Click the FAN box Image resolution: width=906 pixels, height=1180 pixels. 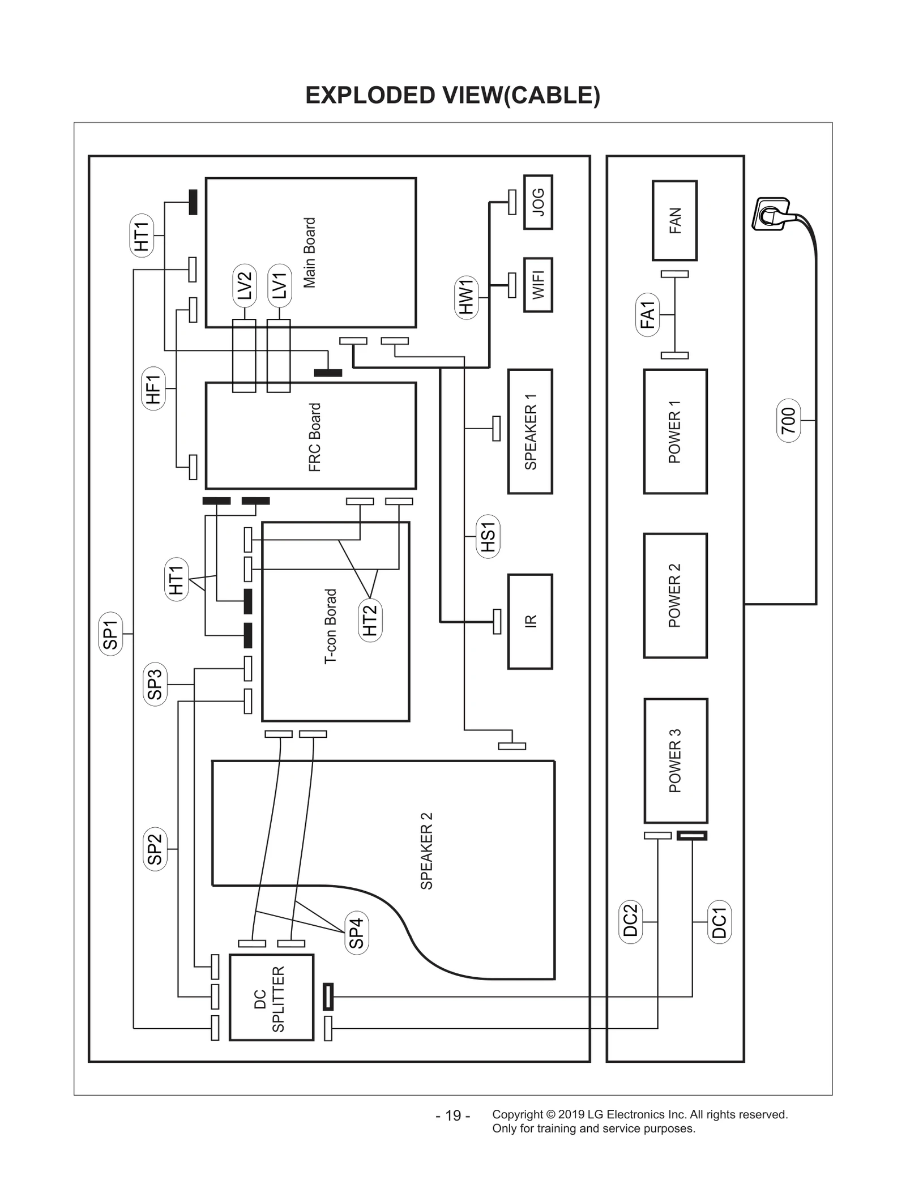[674, 220]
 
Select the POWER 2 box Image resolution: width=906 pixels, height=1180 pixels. [675, 595]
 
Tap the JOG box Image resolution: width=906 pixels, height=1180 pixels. [538, 202]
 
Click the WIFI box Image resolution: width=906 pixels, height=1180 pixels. [538, 285]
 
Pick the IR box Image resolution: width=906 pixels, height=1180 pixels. [530, 621]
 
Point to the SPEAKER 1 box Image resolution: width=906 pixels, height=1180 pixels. [530, 431]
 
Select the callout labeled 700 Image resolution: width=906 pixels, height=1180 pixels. [788, 420]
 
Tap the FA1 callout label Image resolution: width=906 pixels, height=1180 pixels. [647, 315]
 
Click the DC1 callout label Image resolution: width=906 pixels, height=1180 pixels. [719, 922]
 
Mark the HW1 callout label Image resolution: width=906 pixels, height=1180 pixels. [466, 297]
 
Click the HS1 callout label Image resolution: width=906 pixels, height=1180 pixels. [488, 536]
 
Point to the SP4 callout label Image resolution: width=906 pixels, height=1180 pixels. [356, 933]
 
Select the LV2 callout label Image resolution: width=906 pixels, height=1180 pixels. [245, 285]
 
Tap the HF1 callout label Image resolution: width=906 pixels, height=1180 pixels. [153, 388]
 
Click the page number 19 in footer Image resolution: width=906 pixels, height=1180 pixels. [453, 1115]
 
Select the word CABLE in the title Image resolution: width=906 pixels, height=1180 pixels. [552, 95]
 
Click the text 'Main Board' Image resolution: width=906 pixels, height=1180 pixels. [309, 253]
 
